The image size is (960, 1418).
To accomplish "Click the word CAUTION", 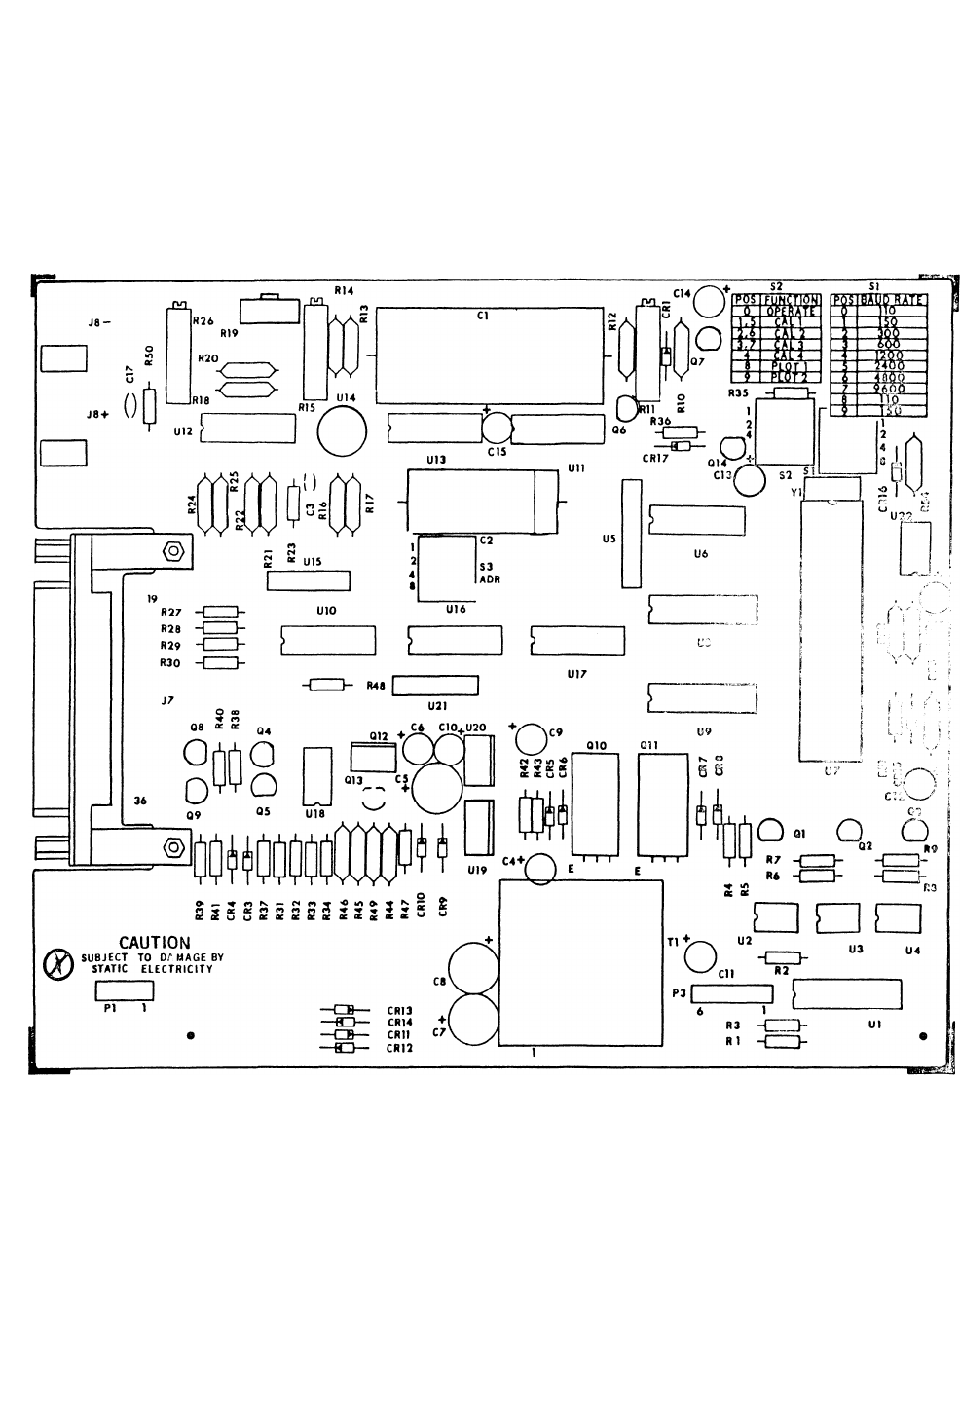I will click(154, 942).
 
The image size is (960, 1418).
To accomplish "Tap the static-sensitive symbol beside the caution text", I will click(59, 965).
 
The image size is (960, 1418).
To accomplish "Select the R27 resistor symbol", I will click(219, 612).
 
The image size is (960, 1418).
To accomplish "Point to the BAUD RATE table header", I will click(890, 301).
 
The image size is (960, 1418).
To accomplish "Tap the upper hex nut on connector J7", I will click(173, 551).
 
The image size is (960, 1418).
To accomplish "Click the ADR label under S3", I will click(489, 578).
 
